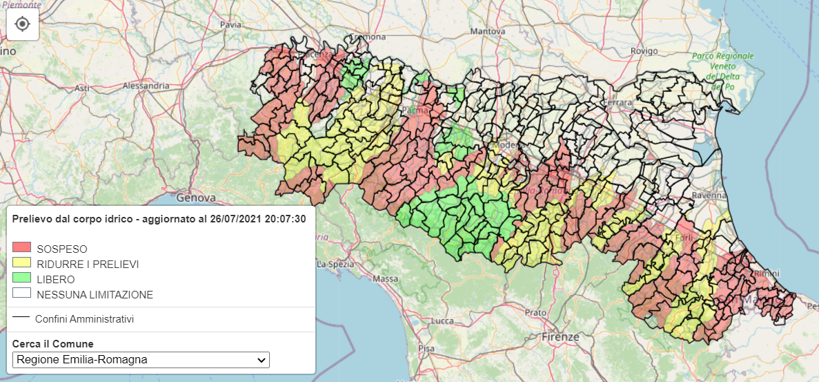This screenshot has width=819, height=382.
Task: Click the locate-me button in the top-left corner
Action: (22, 24)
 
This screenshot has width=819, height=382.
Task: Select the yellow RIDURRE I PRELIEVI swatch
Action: (22, 263)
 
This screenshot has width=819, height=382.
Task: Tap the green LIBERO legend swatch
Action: (22, 278)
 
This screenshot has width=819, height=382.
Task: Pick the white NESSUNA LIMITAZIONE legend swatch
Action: (22, 294)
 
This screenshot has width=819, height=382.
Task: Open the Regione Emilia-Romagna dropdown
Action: (141, 360)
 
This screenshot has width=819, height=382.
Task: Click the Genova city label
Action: (196, 198)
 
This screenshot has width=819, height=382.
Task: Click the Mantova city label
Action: (487, 31)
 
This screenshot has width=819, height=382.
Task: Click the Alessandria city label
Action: (146, 86)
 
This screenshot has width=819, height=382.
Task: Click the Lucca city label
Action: (441, 321)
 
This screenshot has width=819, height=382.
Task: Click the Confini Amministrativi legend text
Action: (84, 318)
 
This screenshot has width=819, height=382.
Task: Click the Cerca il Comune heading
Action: (53, 343)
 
